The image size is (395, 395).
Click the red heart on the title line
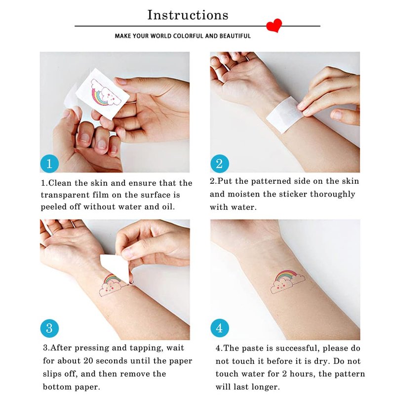(274, 25)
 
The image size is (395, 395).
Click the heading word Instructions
(188, 15)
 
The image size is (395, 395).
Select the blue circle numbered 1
(49, 163)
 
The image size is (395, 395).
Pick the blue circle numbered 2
(220, 163)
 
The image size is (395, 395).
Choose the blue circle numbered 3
(49, 328)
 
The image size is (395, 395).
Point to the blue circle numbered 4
(220, 328)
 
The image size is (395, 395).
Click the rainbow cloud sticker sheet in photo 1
(103, 93)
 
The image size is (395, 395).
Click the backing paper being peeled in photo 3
(116, 268)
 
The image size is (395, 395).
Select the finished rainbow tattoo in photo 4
(287, 281)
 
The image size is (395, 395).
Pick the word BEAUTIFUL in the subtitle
(235, 36)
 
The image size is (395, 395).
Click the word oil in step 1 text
(168, 207)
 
